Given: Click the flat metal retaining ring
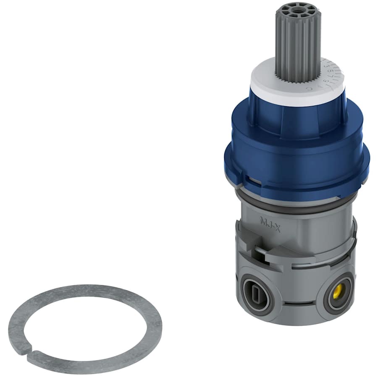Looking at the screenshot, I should (84, 294).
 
